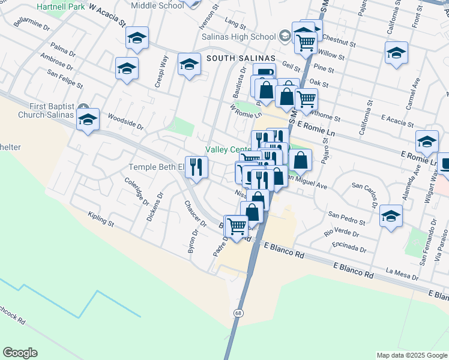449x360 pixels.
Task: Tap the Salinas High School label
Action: [246, 37]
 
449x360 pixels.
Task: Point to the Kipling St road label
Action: [100, 218]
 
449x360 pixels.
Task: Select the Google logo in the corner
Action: [20, 353]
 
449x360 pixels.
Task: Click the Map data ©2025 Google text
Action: [412, 355]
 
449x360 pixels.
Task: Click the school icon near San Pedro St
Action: [391, 217]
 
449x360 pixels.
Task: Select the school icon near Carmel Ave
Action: [397, 53]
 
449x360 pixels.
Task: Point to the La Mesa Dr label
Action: [402, 274]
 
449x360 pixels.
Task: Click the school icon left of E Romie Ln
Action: [427, 142]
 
